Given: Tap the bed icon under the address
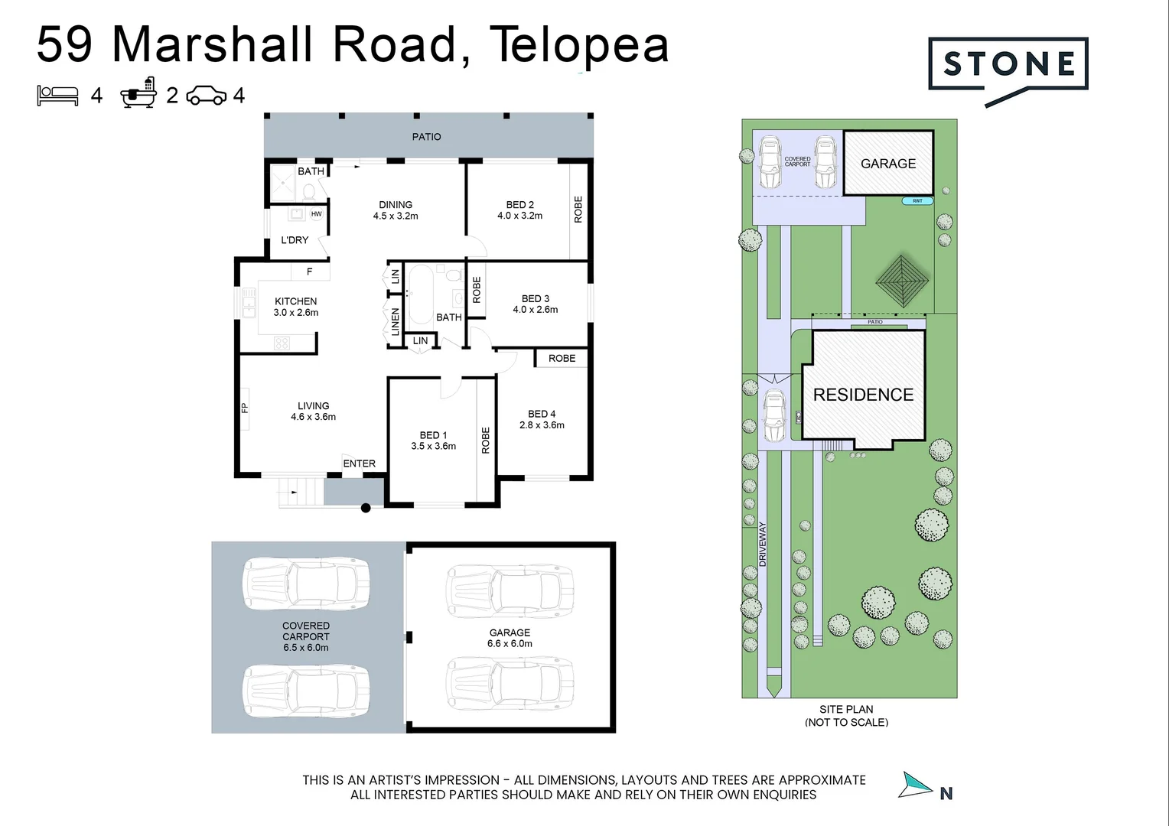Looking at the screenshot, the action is coord(57,96).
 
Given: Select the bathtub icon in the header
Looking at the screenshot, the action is coord(138,93).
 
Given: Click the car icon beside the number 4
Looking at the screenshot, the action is coord(207,96).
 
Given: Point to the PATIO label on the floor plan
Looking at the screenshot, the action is coord(426,137).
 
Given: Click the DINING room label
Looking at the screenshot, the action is coord(396,204).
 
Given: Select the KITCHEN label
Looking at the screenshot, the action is coord(296,301).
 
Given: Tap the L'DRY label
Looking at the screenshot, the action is coord(295,240).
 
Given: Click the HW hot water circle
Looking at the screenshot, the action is coord(316,214).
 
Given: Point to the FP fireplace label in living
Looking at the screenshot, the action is coord(244,408).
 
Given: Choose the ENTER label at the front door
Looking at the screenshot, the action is coord(359,463).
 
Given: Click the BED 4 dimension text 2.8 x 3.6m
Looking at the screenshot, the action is coord(542,424).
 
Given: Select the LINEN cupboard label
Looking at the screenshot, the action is coord(395,322).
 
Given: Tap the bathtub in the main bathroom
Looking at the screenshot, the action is coord(421,294).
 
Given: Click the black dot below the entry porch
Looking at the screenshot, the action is coord(366,508).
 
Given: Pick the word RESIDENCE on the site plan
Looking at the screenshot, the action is coord(863,395).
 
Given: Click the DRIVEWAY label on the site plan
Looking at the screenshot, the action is coord(763,545).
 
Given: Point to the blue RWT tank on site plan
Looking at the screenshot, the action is coord(917,201).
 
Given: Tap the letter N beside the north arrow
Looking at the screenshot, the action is coord(946,794).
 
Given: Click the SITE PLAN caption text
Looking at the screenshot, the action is coord(846,709).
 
